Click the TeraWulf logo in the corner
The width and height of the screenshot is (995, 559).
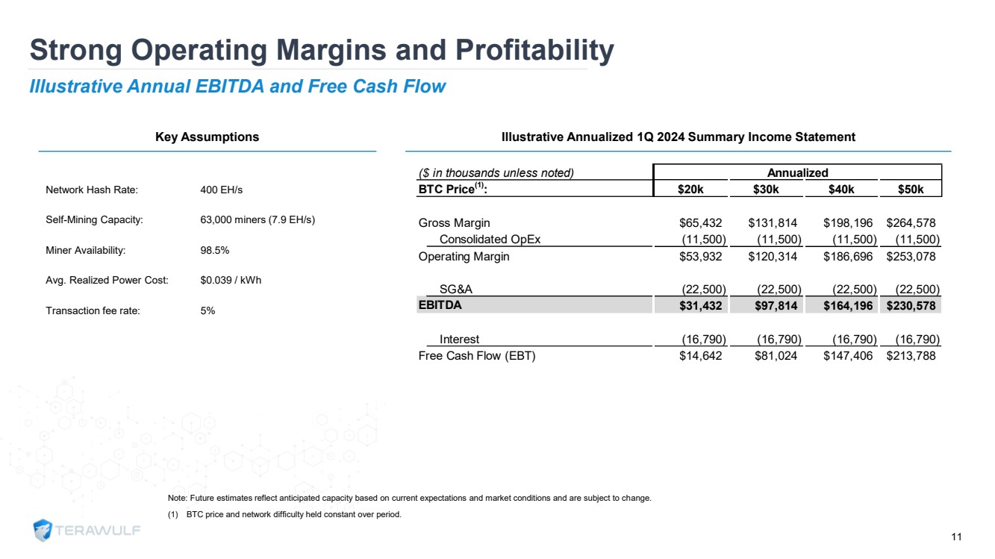tap(87, 530)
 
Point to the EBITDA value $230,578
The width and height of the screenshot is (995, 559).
tap(911, 305)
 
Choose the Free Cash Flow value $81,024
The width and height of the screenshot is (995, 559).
tap(773, 356)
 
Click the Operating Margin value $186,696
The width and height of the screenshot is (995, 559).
tap(848, 257)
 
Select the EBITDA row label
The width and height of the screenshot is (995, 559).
tap(440, 305)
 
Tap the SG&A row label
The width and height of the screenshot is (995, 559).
tap(455, 290)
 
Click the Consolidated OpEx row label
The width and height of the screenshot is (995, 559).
tap(490, 240)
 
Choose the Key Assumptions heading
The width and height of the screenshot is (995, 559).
tap(207, 137)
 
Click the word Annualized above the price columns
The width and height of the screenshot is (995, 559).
tap(797, 173)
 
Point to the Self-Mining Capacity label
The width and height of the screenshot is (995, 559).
tap(94, 220)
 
